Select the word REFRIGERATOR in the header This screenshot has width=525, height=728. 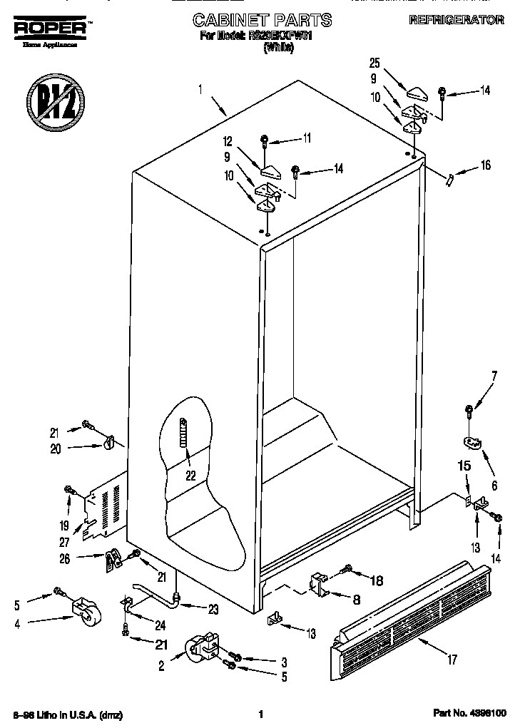(x=456, y=21)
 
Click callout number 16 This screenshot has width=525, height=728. (x=486, y=165)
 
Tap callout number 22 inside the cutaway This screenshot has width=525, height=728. (x=189, y=476)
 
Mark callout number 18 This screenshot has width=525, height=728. (x=376, y=580)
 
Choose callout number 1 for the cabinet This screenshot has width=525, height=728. (x=200, y=90)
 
